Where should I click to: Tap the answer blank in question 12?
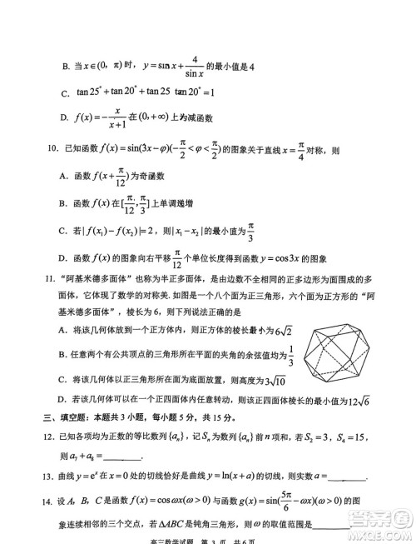(122, 457)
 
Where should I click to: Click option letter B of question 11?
(63, 356)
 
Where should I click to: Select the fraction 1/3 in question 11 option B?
(290, 355)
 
